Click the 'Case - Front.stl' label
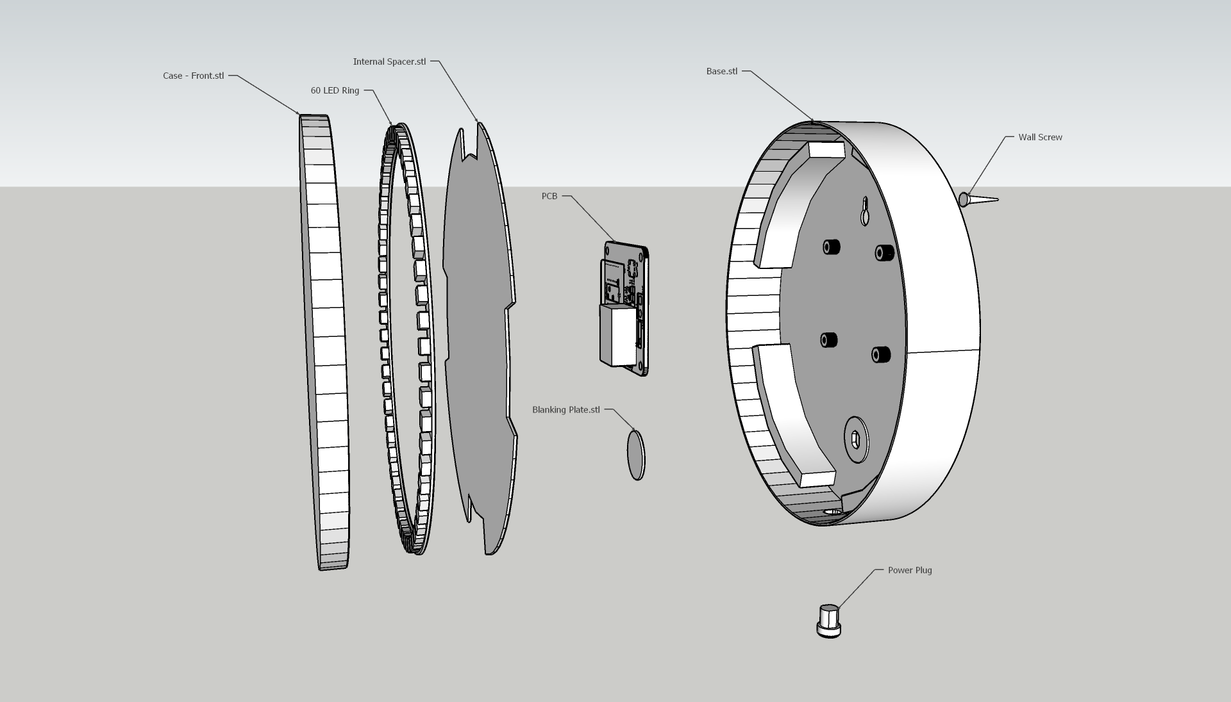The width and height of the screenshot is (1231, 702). pyautogui.click(x=193, y=76)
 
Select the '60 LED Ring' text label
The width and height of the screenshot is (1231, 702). pyautogui.click(x=335, y=90)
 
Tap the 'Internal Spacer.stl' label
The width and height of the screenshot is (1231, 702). pyautogui.click(x=389, y=61)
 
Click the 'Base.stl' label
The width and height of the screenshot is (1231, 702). pyautogui.click(x=722, y=71)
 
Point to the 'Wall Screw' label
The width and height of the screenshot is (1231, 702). pyautogui.click(x=1040, y=137)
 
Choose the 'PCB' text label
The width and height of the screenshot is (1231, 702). pyautogui.click(x=549, y=196)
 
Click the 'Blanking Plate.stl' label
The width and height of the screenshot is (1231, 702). pyautogui.click(x=566, y=410)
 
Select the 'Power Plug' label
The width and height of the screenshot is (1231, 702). pyautogui.click(x=910, y=570)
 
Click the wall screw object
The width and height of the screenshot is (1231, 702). pyautogui.click(x=977, y=200)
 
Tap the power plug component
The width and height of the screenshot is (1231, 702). pyautogui.click(x=828, y=621)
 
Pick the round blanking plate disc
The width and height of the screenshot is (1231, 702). pyautogui.click(x=635, y=455)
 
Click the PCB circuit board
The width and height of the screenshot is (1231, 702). pyautogui.click(x=625, y=307)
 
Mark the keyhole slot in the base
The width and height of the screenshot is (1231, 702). pyautogui.click(x=865, y=211)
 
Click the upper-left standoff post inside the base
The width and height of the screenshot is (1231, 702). pyautogui.click(x=832, y=247)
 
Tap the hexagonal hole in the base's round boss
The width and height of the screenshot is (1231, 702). pyautogui.click(x=855, y=439)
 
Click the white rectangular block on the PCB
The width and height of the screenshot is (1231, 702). pyautogui.click(x=617, y=334)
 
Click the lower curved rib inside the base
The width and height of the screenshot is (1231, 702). pyautogui.click(x=792, y=416)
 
